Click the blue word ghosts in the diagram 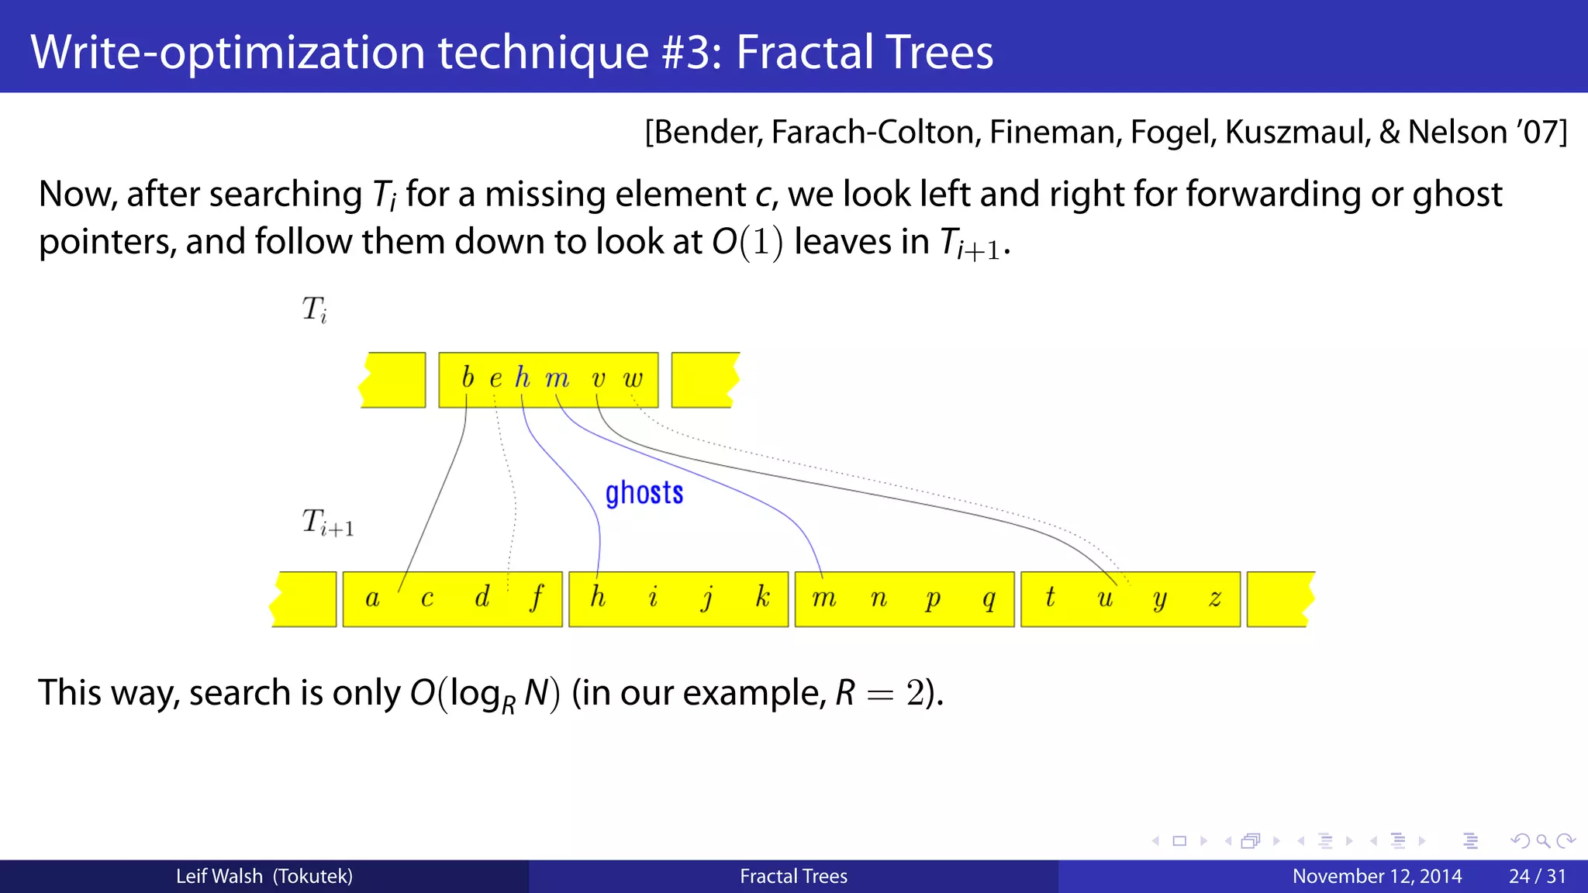coord(644,494)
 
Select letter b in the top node coord(467,378)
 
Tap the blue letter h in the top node coord(522,378)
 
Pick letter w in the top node coord(633,379)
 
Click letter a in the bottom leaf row coord(372,598)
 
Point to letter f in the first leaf coord(537,598)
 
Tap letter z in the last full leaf coord(1215,598)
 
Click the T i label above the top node coord(314,309)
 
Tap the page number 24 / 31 coord(1537,877)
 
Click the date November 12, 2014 coord(1377,877)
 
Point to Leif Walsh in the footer coord(219,877)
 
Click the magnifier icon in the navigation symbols coord(1542,841)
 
